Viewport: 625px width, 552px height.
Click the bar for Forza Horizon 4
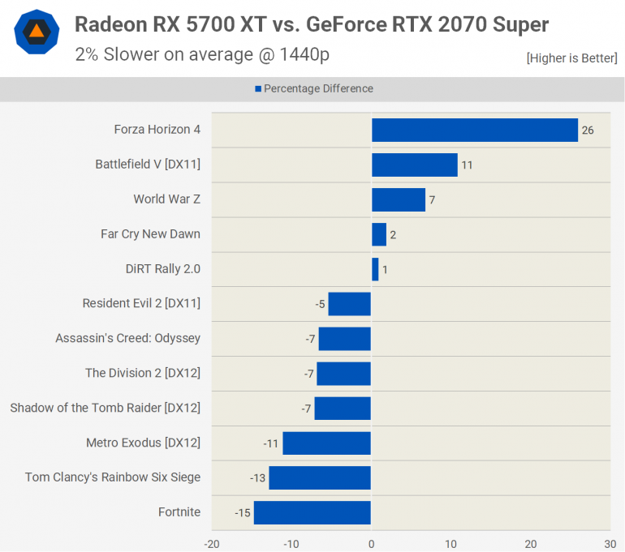click(x=475, y=130)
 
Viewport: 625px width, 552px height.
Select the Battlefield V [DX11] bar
click(x=415, y=165)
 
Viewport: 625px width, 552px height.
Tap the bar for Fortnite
click(x=312, y=512)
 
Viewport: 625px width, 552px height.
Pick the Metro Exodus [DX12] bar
click(x=327, y=443)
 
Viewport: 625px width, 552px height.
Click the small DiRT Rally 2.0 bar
click(x=375, y=269)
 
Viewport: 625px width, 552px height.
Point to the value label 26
click(x=588, y=131)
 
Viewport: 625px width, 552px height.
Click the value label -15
click(x=241, y=513)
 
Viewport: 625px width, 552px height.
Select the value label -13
click(x=257, y=478)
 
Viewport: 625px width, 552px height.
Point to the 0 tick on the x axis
click(x=371, y=544)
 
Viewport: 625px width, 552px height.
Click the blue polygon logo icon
click(x=37, y=32)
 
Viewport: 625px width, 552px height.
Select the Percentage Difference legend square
click(x=258, y=89)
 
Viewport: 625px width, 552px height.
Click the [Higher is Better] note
click(x=571, y=58)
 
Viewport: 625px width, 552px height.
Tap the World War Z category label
click(x=166, y=199)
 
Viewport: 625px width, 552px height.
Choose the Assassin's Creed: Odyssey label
click(x=127, y=338)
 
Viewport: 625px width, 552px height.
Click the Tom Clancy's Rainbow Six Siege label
click(x=112, y=477)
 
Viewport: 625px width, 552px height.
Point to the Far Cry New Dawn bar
click(x=379, y=234)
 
